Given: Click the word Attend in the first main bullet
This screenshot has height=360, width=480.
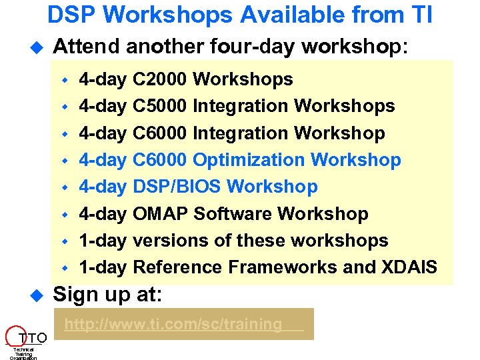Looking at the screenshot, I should click(x=85, y=47).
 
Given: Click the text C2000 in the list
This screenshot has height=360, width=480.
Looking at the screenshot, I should click(x=160, y=79).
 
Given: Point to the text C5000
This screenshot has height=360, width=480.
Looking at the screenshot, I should click(x=160, y=106).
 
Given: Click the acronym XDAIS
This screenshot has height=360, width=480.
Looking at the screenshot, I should click(x=409, y=267).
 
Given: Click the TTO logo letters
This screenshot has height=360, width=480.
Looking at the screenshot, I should click(x=31, y=337).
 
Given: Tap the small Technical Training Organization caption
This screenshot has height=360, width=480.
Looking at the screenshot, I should click(x=23, y=353).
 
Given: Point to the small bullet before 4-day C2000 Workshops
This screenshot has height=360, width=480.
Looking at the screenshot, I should click(x=65, y=80).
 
